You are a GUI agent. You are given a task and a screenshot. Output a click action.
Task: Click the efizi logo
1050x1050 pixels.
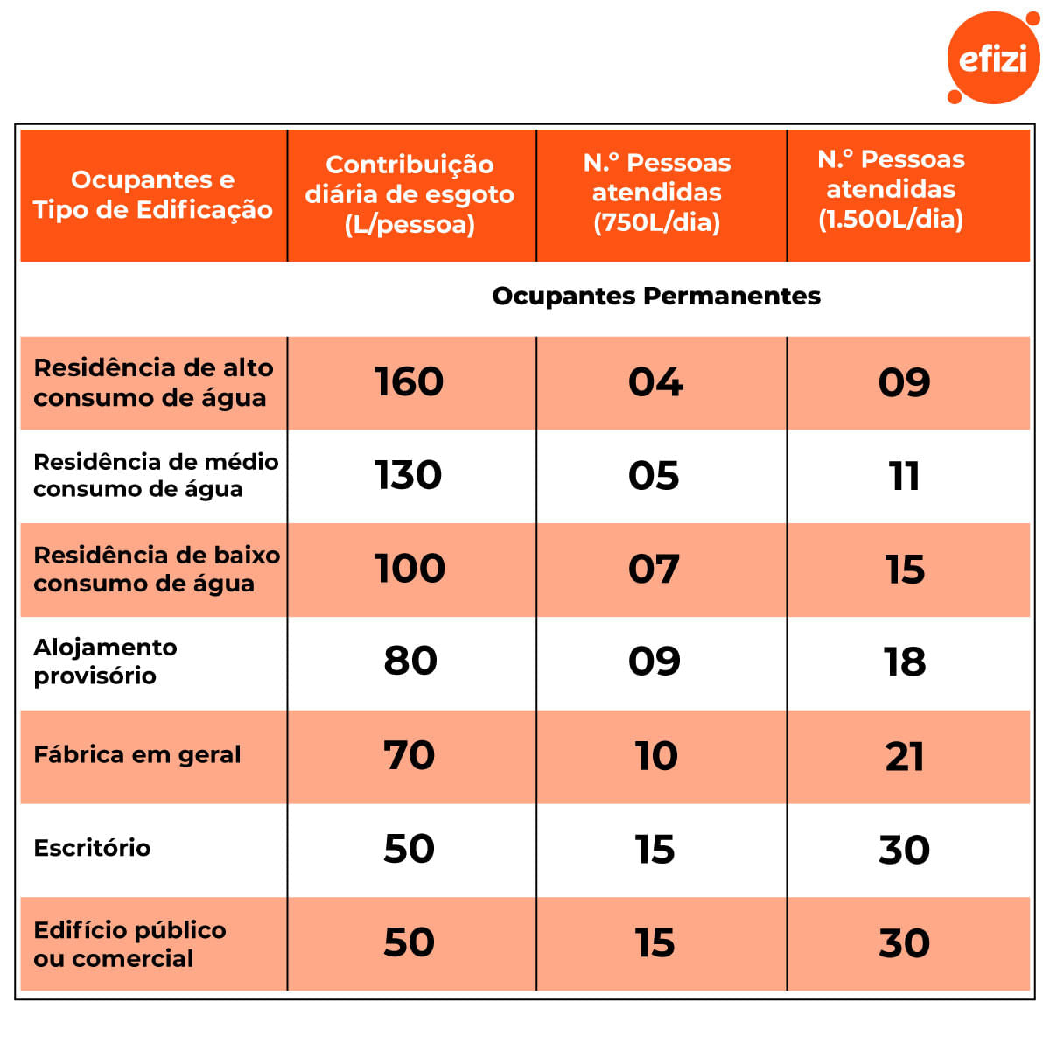993,58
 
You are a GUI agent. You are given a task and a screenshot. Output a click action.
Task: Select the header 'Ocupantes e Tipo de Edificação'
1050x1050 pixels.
153,194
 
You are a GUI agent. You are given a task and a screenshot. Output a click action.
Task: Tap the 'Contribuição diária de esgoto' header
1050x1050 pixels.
409,194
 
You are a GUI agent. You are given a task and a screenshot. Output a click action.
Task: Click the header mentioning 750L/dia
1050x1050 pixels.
657,192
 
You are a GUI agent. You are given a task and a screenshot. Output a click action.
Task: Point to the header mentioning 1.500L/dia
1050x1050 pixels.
891,189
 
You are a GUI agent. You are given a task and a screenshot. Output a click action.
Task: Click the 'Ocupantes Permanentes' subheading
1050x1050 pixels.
656,296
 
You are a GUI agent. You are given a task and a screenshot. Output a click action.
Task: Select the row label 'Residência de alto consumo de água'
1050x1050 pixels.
153,382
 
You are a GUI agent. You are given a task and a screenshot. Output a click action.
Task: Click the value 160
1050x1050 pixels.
409,382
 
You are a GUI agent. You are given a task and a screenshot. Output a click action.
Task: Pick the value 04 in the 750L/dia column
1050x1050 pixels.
655,382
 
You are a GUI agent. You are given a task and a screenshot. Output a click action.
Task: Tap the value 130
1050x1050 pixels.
408,475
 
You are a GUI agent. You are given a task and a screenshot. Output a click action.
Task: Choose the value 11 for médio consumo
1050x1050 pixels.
904,476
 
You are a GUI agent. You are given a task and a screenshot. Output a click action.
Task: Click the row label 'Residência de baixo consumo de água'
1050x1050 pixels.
156,569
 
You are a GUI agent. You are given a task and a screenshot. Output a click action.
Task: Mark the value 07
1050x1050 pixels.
654,570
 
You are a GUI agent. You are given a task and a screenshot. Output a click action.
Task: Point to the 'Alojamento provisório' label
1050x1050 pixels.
105,661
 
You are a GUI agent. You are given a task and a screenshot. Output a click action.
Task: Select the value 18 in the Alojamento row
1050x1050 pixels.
905,662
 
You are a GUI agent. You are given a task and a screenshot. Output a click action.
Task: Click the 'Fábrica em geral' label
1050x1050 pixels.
136,754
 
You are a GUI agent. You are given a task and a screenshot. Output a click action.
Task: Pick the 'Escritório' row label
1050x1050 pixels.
92,848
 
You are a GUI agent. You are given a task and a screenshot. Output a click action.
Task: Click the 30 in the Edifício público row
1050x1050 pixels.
905,943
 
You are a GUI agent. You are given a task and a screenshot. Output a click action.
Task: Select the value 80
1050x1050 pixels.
410,661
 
